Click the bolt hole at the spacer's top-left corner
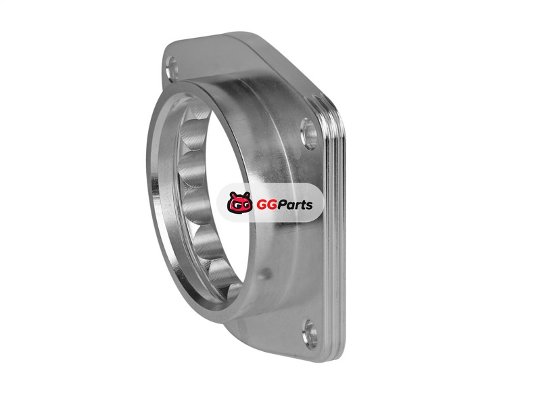(172, 68)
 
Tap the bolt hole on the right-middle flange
(309, 133)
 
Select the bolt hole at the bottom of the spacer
(310, 334)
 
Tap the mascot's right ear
(247, 196)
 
